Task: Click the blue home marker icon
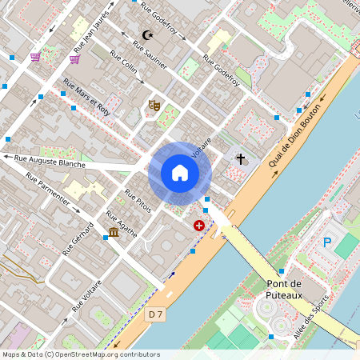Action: pos(180,173)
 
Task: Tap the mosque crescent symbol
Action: pos(146,35)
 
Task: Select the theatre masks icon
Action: pos(154,105)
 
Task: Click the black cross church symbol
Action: pos(240,159)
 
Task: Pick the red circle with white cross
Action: pos(198,226)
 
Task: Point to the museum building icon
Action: pos(114,232)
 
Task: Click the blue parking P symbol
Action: pos(326,242)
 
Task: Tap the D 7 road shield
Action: pos(156,315)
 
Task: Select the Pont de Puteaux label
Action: pos(284,290)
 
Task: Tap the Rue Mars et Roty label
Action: pos(86,99)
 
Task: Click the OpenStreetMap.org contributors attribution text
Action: pos(107,354)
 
